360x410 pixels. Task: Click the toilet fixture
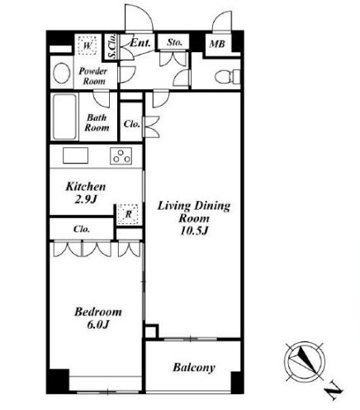(x=227, y=76)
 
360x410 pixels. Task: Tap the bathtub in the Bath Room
(x=64, y=117)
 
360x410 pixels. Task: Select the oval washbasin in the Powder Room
(x=61, y=73)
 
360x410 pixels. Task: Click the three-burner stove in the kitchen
(x=121, y=156)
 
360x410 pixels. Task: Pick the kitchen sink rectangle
(x=75, y=155)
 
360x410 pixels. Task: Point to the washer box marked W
(x=87, y=45)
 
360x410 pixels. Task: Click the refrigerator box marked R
(x=128, y=214)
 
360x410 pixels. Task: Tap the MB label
(x=217, y=44)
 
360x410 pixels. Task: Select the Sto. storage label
(x=174, y=42)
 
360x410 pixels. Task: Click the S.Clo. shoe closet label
(x=112, y=46)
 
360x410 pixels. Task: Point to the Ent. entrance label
(x=140, y=43)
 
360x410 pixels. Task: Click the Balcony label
(x=194, y=368)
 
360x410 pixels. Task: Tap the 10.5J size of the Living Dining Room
(x=193, y=231)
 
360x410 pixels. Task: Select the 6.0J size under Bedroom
(x=98, y=325)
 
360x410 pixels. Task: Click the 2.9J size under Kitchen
(x=86, y=199)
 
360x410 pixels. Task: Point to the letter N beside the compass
(x=334, y=391)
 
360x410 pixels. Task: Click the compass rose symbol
(x=305, y=361)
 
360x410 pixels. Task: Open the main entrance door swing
(x=139, y=17)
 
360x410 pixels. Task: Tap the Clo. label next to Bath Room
(x=131, y=124)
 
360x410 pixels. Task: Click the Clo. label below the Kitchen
(x=82, y=229)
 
